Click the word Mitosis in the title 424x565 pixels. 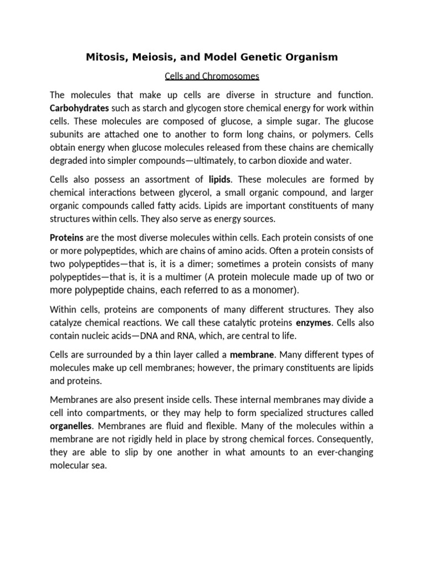click(105, 57)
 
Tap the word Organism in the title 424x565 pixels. click(310, 57)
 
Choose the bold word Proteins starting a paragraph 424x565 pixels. click(67, 237)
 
